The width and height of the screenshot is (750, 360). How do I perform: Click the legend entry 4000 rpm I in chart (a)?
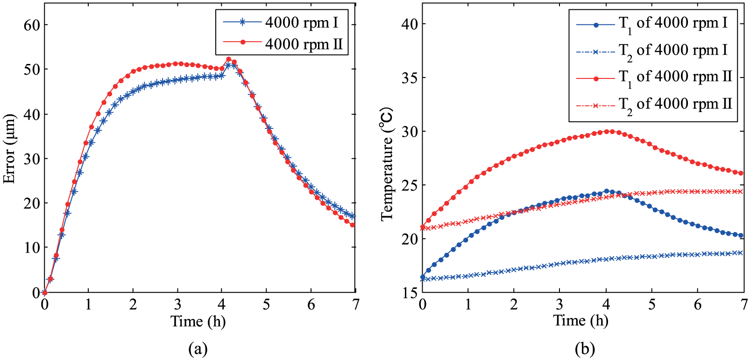(x=281, y=22)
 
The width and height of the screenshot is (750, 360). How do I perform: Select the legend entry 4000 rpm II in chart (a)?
(x=283, y=43)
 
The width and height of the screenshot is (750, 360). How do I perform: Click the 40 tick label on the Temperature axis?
(x=409, y=24)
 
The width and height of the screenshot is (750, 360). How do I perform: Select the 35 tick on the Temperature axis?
(x=409, y=78)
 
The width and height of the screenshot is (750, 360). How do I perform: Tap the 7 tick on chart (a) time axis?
(x=355, y=304)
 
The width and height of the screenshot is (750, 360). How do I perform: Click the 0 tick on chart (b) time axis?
(x=423, y=304)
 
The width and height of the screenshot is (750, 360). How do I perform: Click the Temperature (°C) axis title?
(x=387, y=164)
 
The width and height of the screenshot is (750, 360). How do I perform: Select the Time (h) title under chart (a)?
(x=198, y=322)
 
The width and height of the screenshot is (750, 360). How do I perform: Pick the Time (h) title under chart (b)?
(x=580, y=321)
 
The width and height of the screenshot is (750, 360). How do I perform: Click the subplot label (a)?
(x=198, y=349)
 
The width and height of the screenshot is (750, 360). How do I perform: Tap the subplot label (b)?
(x=585, y=349)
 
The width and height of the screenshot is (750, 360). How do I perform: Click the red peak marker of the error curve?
(x=229, y=59)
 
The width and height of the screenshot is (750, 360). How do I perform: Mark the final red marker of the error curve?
(x=352, y=225)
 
